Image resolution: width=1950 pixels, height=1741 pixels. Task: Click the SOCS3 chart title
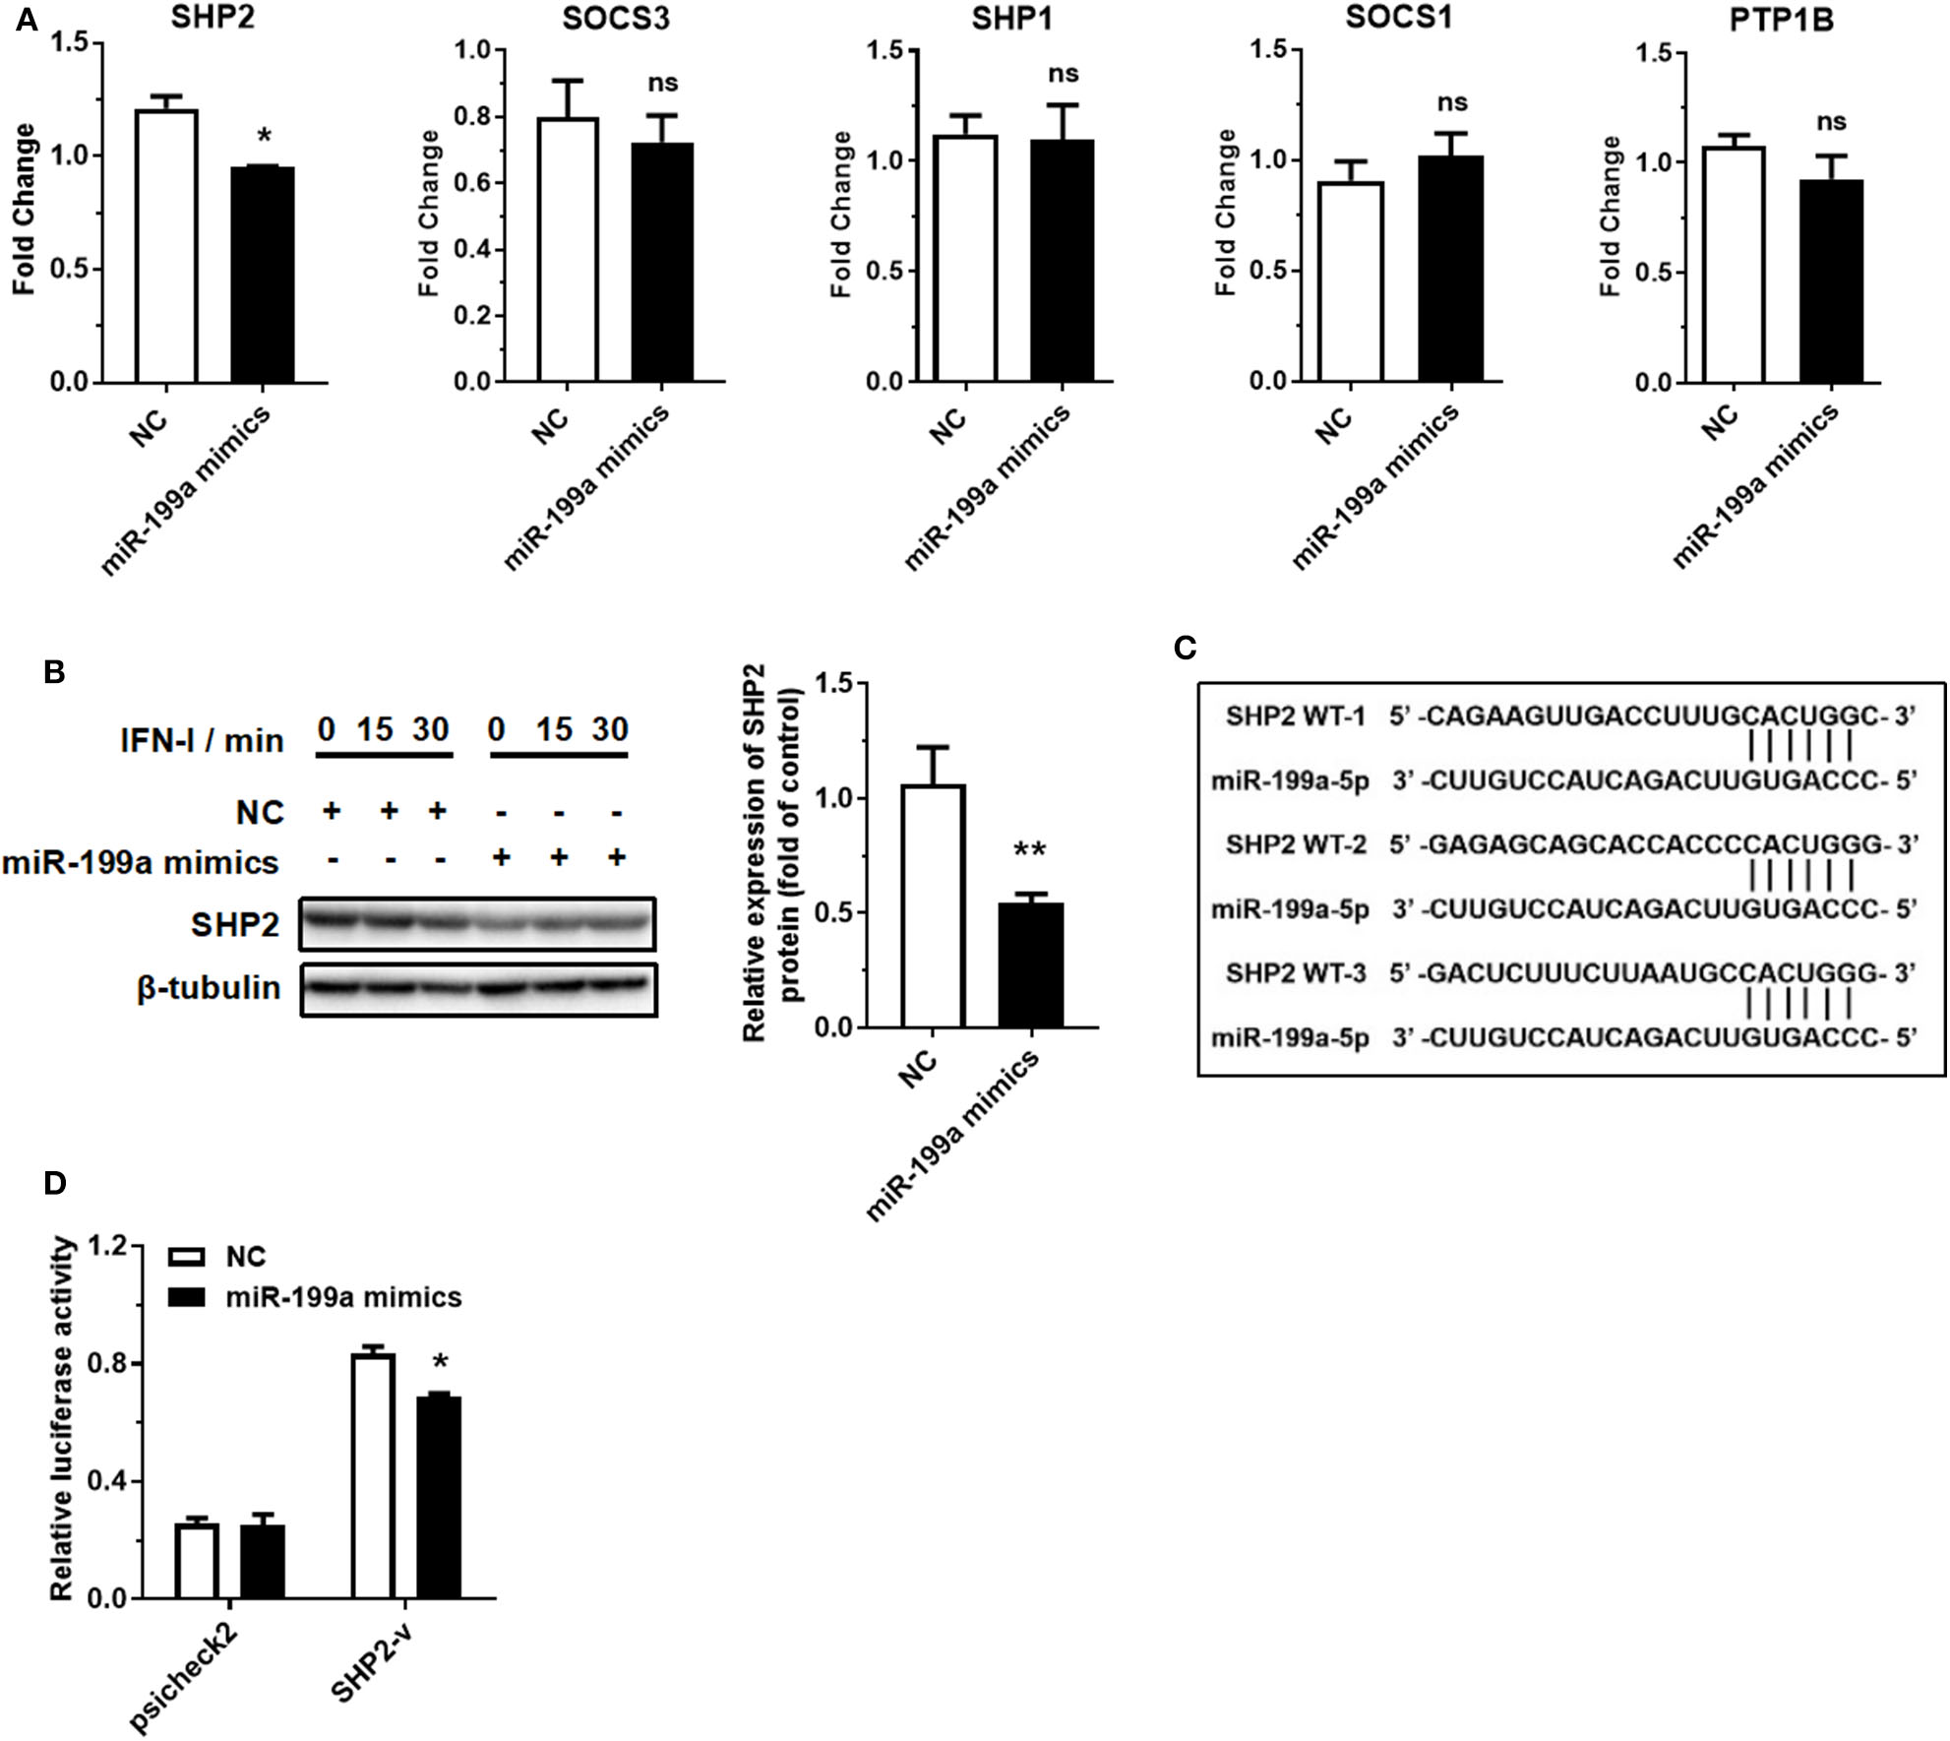click(x=616, y=19)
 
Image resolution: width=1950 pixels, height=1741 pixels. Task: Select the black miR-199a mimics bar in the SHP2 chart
click(x=263, y=275)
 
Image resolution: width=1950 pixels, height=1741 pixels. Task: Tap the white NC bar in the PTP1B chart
click(x=1734, y=265)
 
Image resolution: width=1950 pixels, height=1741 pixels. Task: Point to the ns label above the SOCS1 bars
click(x=1452, y=102)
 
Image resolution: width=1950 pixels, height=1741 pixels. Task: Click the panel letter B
click(x=55, y=672)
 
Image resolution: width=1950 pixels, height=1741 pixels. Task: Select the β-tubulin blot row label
click(x=209, y=987)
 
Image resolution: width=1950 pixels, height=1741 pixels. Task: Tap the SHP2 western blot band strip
click(x=477, y=923)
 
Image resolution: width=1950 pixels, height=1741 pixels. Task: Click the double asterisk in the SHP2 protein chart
click(x=1029, y=849)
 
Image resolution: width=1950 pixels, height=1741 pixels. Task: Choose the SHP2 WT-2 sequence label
click(x=1296, y=844)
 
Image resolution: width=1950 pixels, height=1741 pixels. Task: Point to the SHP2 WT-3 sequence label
click(x=1296, y=973)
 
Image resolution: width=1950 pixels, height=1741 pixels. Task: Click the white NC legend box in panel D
click(x=187, y=1257)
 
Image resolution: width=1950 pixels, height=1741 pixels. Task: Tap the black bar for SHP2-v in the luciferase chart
click(x=439, y=1496)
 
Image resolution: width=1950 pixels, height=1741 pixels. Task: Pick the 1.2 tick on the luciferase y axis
click(x=108, y=1247)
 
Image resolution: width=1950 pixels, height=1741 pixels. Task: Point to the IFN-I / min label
click(x=202, y=740)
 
